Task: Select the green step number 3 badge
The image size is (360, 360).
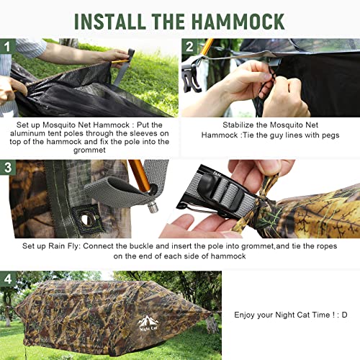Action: tap(8, 167)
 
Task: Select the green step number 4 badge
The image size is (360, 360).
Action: tap(8, 278)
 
